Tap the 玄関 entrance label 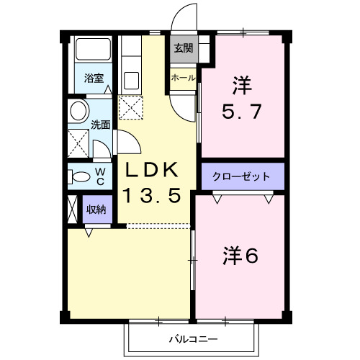(182, 48)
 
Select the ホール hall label (182, 77)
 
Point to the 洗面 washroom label (101, 124)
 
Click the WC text (100, 176)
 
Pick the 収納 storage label (96, 210)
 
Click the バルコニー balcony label (194, 339)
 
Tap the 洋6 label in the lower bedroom (240, 254)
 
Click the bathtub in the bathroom (91, 53)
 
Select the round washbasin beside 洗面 (78, 112)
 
